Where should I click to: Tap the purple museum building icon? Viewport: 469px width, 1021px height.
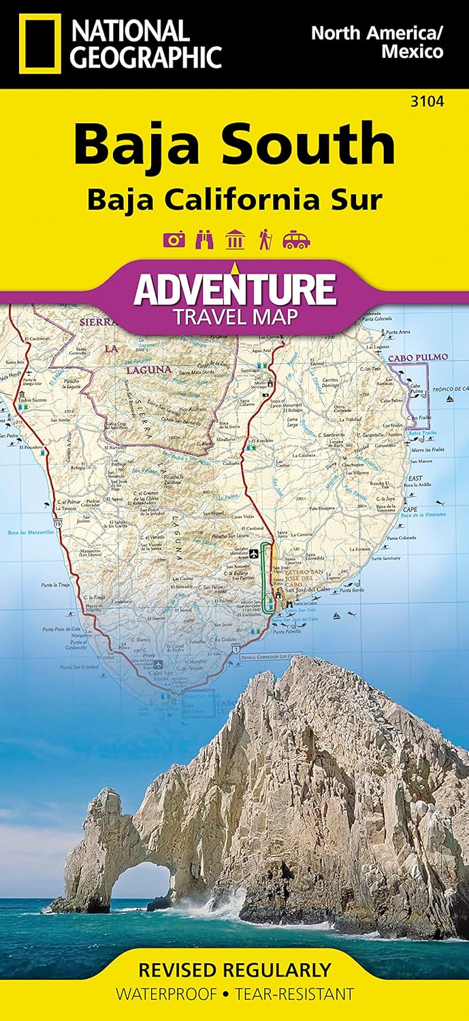pyautogui.click(x=235, y=240)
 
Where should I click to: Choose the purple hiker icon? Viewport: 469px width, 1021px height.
pyautogui.click(x=265, y=240)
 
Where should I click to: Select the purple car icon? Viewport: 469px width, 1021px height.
pyautogui.click(x=297, y=240)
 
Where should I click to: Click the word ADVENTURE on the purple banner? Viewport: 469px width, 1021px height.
pyautogui.click(x=235, y=289)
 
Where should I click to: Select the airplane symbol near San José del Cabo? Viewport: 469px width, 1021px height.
pyautogui.click(x=253, y=552)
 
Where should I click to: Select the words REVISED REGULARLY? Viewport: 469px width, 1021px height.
pyautogui.click(x=234, y=969)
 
